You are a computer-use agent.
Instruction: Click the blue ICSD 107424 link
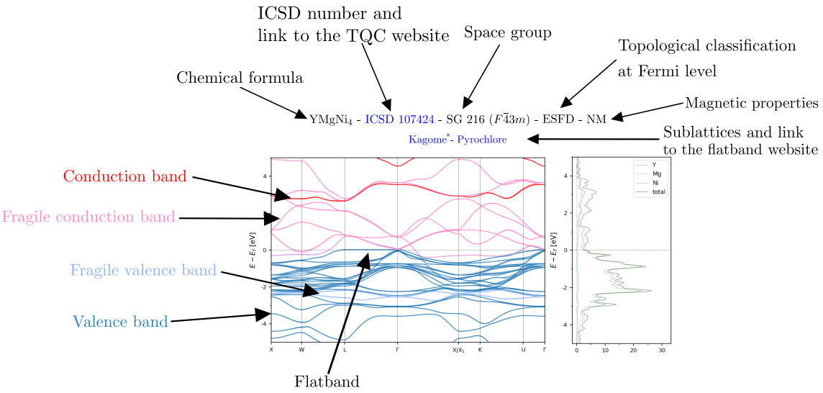(x=399, y=119)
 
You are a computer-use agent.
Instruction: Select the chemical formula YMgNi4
(x=331, y=119)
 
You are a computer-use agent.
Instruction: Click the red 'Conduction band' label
(x=125, y=176)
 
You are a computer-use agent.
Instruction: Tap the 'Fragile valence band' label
(x=143, y=271)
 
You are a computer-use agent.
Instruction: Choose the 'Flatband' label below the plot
(x=327, y=381)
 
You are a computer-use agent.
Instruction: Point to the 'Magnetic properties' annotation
(x=751, y=103)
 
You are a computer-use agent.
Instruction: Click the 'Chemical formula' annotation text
(x=240, y=78)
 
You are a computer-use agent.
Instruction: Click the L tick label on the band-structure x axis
(x=345, y=350)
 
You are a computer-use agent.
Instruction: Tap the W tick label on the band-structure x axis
(x=302, y=350)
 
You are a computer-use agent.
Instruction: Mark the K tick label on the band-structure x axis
(x=480, y=350)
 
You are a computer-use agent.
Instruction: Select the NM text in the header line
(x=596, y=119)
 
